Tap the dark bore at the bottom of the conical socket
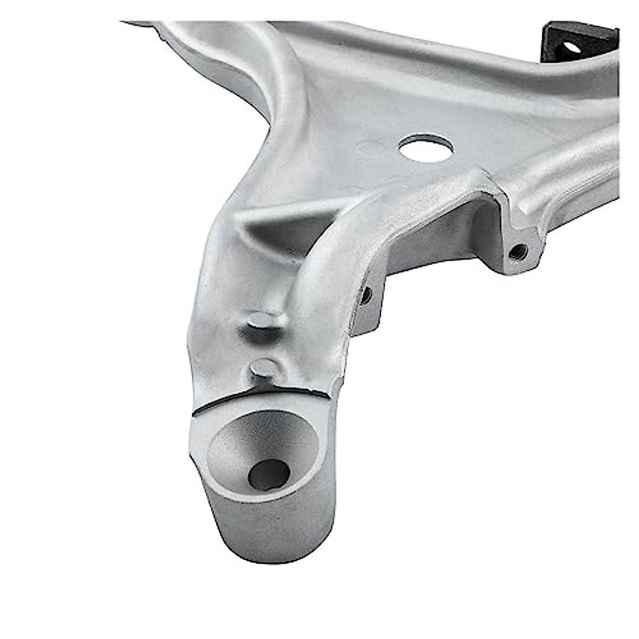[x=269, y=473]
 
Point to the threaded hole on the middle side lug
[x=365, y=294]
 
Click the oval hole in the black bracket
[x=571, y=47]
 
